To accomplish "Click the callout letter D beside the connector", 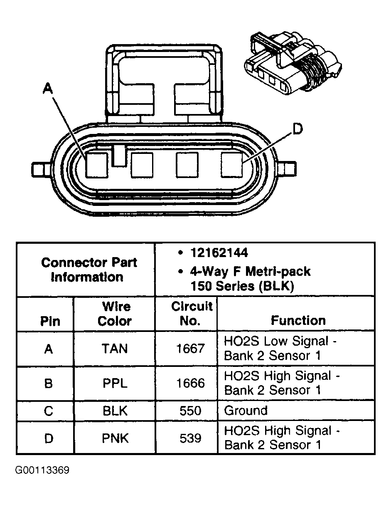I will (x=298, y=130).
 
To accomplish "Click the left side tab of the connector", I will (x=40, y=169).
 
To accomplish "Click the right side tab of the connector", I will (x=288, y=169).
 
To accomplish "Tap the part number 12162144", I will (x=219, y=253).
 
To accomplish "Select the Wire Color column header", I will (x=116, y=314).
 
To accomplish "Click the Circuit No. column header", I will (x=192, y=314).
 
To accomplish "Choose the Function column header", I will (x=298, y=320).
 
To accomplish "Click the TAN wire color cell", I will (x=115, y=349).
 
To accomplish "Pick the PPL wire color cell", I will (x=115, y=383).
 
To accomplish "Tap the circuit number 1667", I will (x=190, y=349).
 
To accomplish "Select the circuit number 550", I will (x=190, y=411).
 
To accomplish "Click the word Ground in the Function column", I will (x=246, y=411).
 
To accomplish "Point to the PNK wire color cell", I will (x=115, y=438).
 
